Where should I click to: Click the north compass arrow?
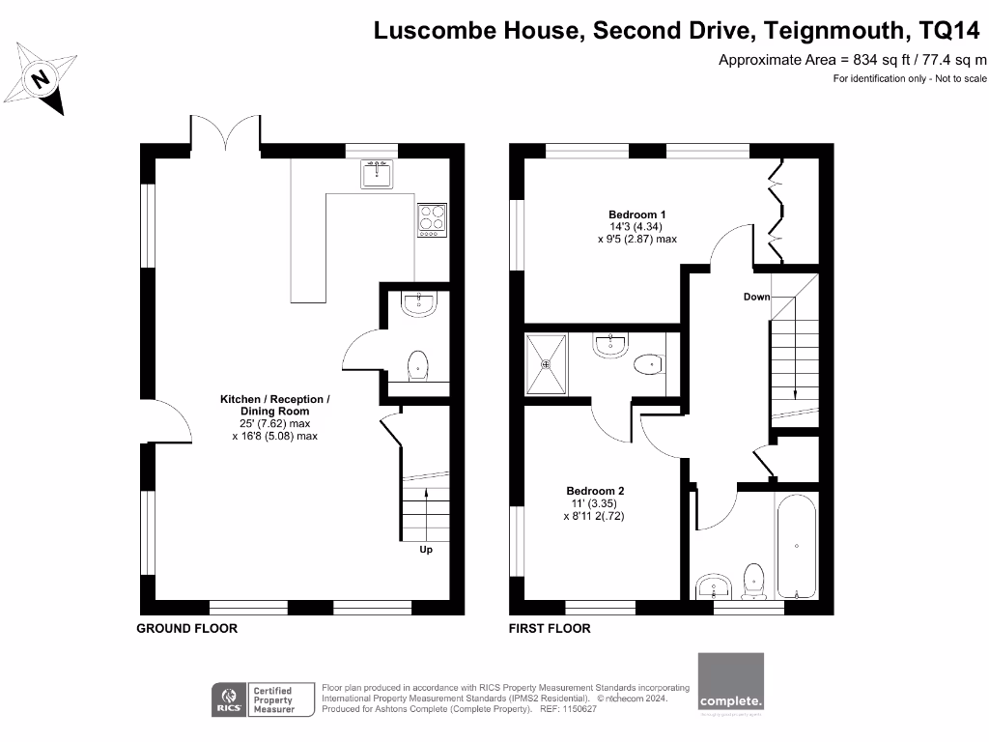(42, 78)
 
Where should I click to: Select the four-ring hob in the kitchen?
(432, 220)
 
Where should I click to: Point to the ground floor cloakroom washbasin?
(419, 304)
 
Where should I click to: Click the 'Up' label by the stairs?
(425, 550)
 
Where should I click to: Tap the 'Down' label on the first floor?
(756, 297)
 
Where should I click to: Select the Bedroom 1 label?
(636, 214)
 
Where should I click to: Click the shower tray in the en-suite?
(547, 364)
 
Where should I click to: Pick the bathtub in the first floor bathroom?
(796, 546)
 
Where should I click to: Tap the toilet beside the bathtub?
(754, 581)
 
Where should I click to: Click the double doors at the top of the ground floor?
(226, 133)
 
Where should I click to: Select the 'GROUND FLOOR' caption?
(186, 628)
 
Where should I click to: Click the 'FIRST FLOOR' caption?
(550, 628)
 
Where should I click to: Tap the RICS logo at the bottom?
(230, 699)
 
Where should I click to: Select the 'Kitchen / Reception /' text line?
(275, 399)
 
